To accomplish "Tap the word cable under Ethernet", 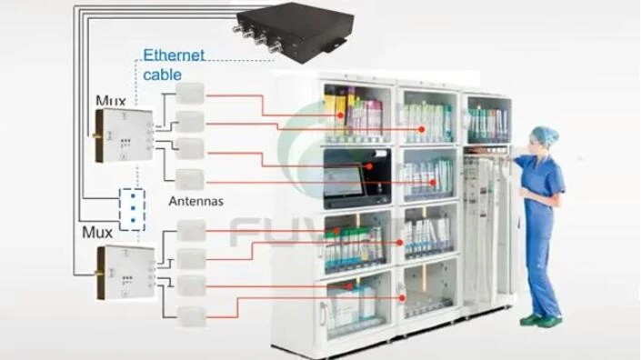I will click(164, 75).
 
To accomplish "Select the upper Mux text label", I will click(111, 100).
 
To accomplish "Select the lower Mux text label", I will click(98, 233).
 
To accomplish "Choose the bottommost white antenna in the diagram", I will click(193, 316).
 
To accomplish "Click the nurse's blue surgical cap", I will click(545, 135).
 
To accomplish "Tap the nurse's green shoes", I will click(540, 320).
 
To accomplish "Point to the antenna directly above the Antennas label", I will click(190, 176).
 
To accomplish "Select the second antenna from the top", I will click(189, 120).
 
